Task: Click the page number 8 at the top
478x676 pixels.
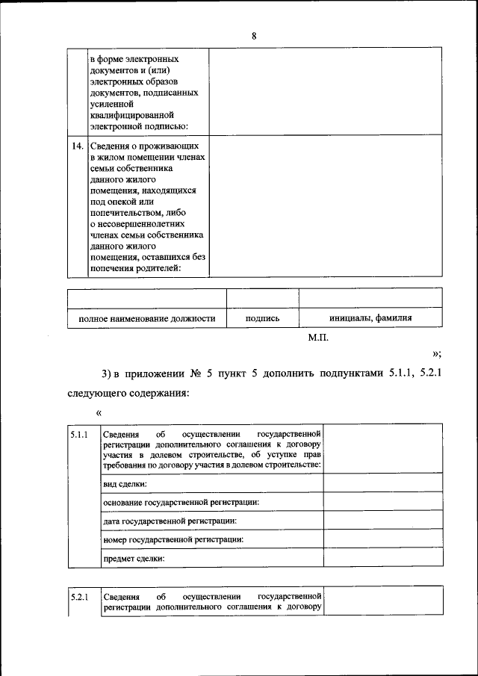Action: (254, 36)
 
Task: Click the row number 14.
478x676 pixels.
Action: (77, 146)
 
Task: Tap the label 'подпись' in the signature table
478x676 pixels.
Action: (262, 318)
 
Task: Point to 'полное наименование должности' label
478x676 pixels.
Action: (146, 318)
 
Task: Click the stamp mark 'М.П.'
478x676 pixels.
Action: (319, 338)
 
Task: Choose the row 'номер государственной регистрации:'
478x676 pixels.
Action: (174, 539)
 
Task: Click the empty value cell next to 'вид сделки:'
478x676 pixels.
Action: (382, 484)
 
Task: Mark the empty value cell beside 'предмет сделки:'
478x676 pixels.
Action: (382, 557)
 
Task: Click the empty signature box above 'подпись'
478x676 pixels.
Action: (262, 298)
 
